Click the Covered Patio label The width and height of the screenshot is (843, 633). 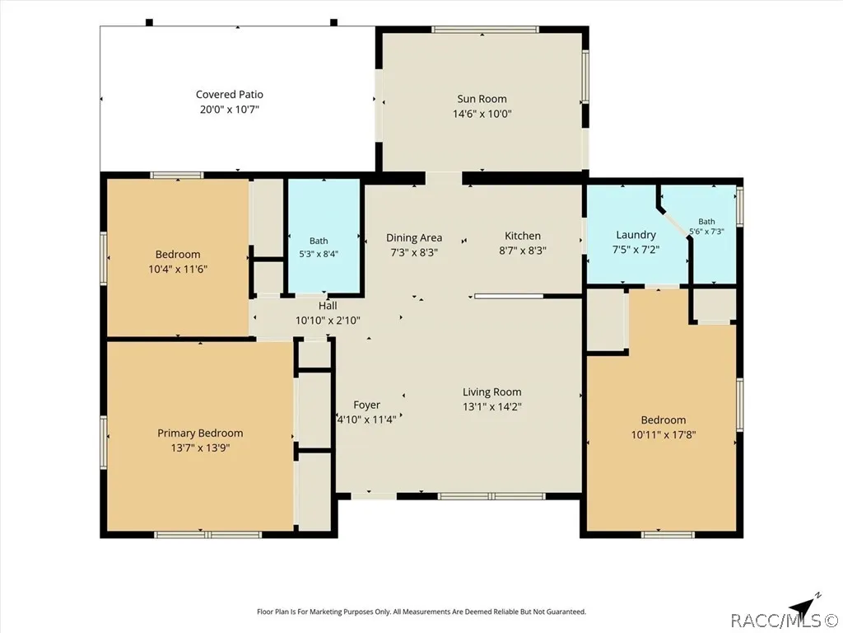coord(230,94)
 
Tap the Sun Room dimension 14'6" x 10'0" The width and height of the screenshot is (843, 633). coord(482,114)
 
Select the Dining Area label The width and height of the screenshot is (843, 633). coord(414,237)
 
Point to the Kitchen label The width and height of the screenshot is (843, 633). coord(523,236)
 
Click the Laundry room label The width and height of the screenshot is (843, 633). coord(636,235)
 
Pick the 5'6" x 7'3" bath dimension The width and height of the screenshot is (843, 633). coord(706,232)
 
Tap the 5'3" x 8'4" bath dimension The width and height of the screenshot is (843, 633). coord(319,254)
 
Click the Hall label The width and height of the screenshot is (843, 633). coord(328,306)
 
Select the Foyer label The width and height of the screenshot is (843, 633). coord(366,405)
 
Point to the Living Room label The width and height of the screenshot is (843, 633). coord(492,392)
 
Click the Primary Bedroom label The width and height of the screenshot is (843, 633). coord(200,433)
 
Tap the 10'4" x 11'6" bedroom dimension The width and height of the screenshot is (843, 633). coord(178,269)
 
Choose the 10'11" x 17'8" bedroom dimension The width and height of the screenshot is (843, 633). coord(664,434)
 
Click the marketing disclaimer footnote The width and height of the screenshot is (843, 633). coord(421,612)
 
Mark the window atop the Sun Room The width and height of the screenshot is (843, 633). coord(485,30)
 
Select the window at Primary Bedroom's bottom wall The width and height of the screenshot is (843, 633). coord(207,534)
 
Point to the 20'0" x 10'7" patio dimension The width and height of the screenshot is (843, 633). coord(230,110)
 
